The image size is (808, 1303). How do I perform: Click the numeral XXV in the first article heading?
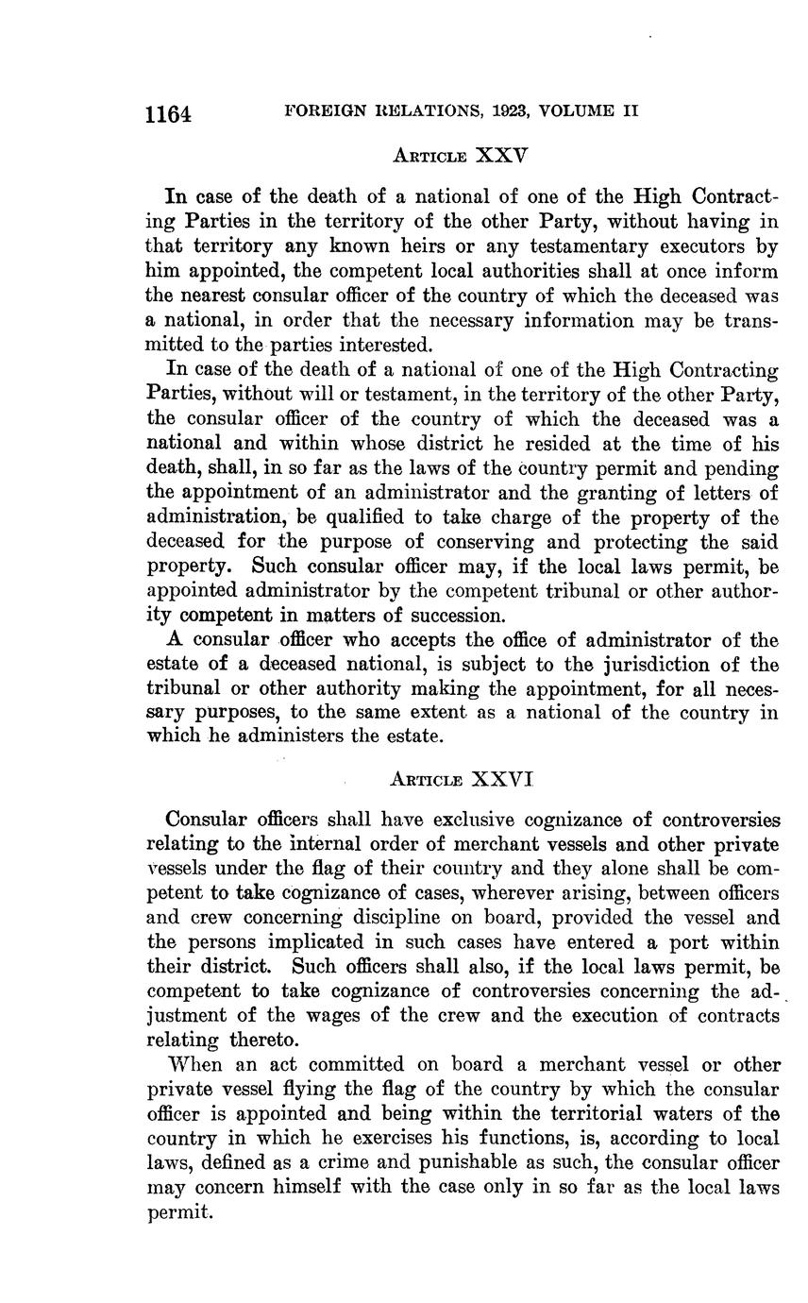(x=499, y=155)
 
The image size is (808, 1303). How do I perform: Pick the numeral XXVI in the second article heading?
(x=502, y=779)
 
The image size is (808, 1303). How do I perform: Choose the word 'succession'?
(x=441, y=616)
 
